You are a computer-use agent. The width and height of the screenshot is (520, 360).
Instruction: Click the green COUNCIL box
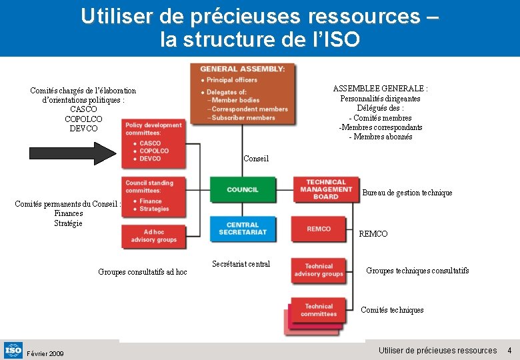pyautogui.click(x=243, y=189)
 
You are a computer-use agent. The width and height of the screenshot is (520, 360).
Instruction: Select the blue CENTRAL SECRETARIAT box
pyautogui.click(x=243, y=229)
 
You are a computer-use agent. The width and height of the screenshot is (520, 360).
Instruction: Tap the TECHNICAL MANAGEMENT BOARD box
pyautogui.click(x=325, y=189)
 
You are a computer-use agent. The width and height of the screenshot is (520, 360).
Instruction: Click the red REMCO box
pyautogui.click(x=319, y=229)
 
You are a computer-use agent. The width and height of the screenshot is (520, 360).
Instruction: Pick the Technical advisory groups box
pyautogui.click(x=319, y=270)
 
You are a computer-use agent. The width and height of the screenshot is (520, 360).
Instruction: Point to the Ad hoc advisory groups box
pyautogui.click(x=154, y=236)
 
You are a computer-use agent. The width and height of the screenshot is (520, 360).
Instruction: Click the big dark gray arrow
pyautogui.click(x=73, y=154)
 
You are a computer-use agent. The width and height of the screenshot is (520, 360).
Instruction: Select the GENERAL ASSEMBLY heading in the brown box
pyautogui.click(x=243, y=69)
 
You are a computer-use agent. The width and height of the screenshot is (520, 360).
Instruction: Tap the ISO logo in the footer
pyautogui.click(x=13, y=349)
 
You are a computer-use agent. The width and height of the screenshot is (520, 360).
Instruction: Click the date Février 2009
pyautogui.click(x=45, y=353)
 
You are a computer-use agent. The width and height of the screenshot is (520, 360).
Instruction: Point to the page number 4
pyautogui.click(x=509, y=351)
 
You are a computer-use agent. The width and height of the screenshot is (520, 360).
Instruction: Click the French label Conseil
pyautogui.click(x=256, y=159)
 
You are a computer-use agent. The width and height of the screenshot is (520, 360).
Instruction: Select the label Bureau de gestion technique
pyautogui.click(x=407, y=193)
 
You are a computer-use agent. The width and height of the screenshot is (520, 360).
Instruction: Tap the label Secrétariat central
pyautogui.click(x=241, y=264)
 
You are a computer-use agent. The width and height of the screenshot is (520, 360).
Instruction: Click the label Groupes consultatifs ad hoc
pyautogui.click(x=143, y=272)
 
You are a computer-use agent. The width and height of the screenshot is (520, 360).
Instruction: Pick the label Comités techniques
pyautogui.click(x=392, y=310)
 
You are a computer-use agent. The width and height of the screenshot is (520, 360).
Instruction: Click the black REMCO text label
pyautogui.click(x=373, y=234)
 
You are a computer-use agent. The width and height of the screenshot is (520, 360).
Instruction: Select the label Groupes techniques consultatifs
pyautogui.click(x=417, y=271)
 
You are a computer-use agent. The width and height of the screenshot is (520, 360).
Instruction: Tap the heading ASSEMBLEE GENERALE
pyautogui.click(x=380, y=89)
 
